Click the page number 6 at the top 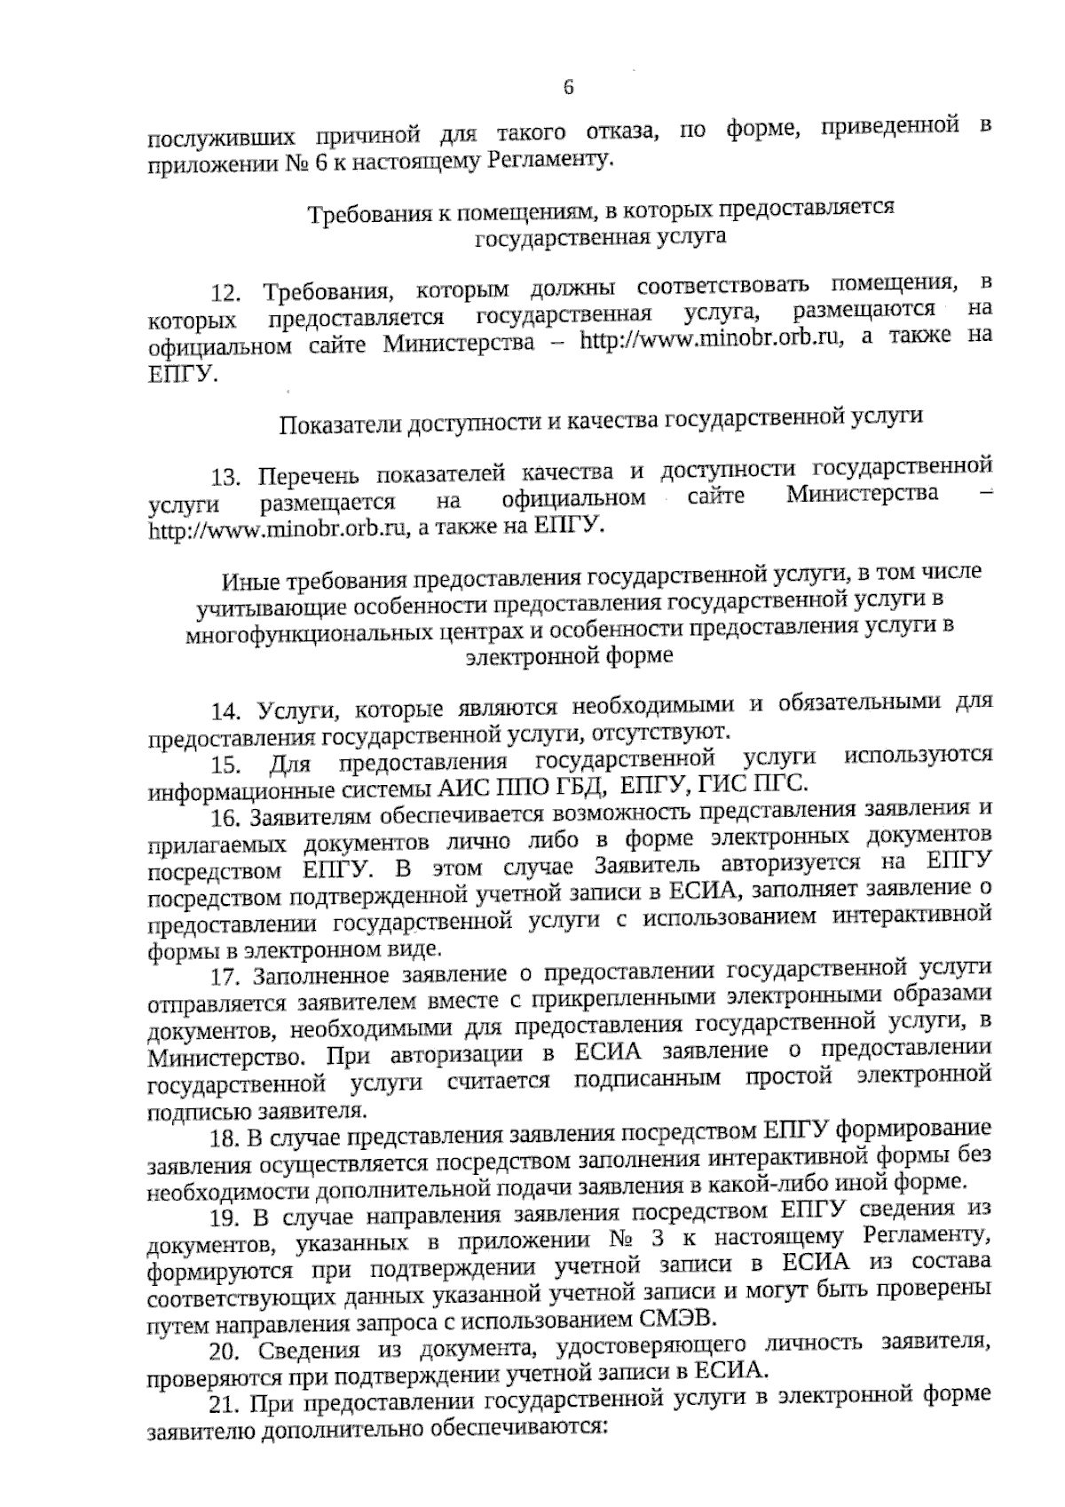[x=569, y=88]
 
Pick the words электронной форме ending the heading [x=569, y=657]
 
